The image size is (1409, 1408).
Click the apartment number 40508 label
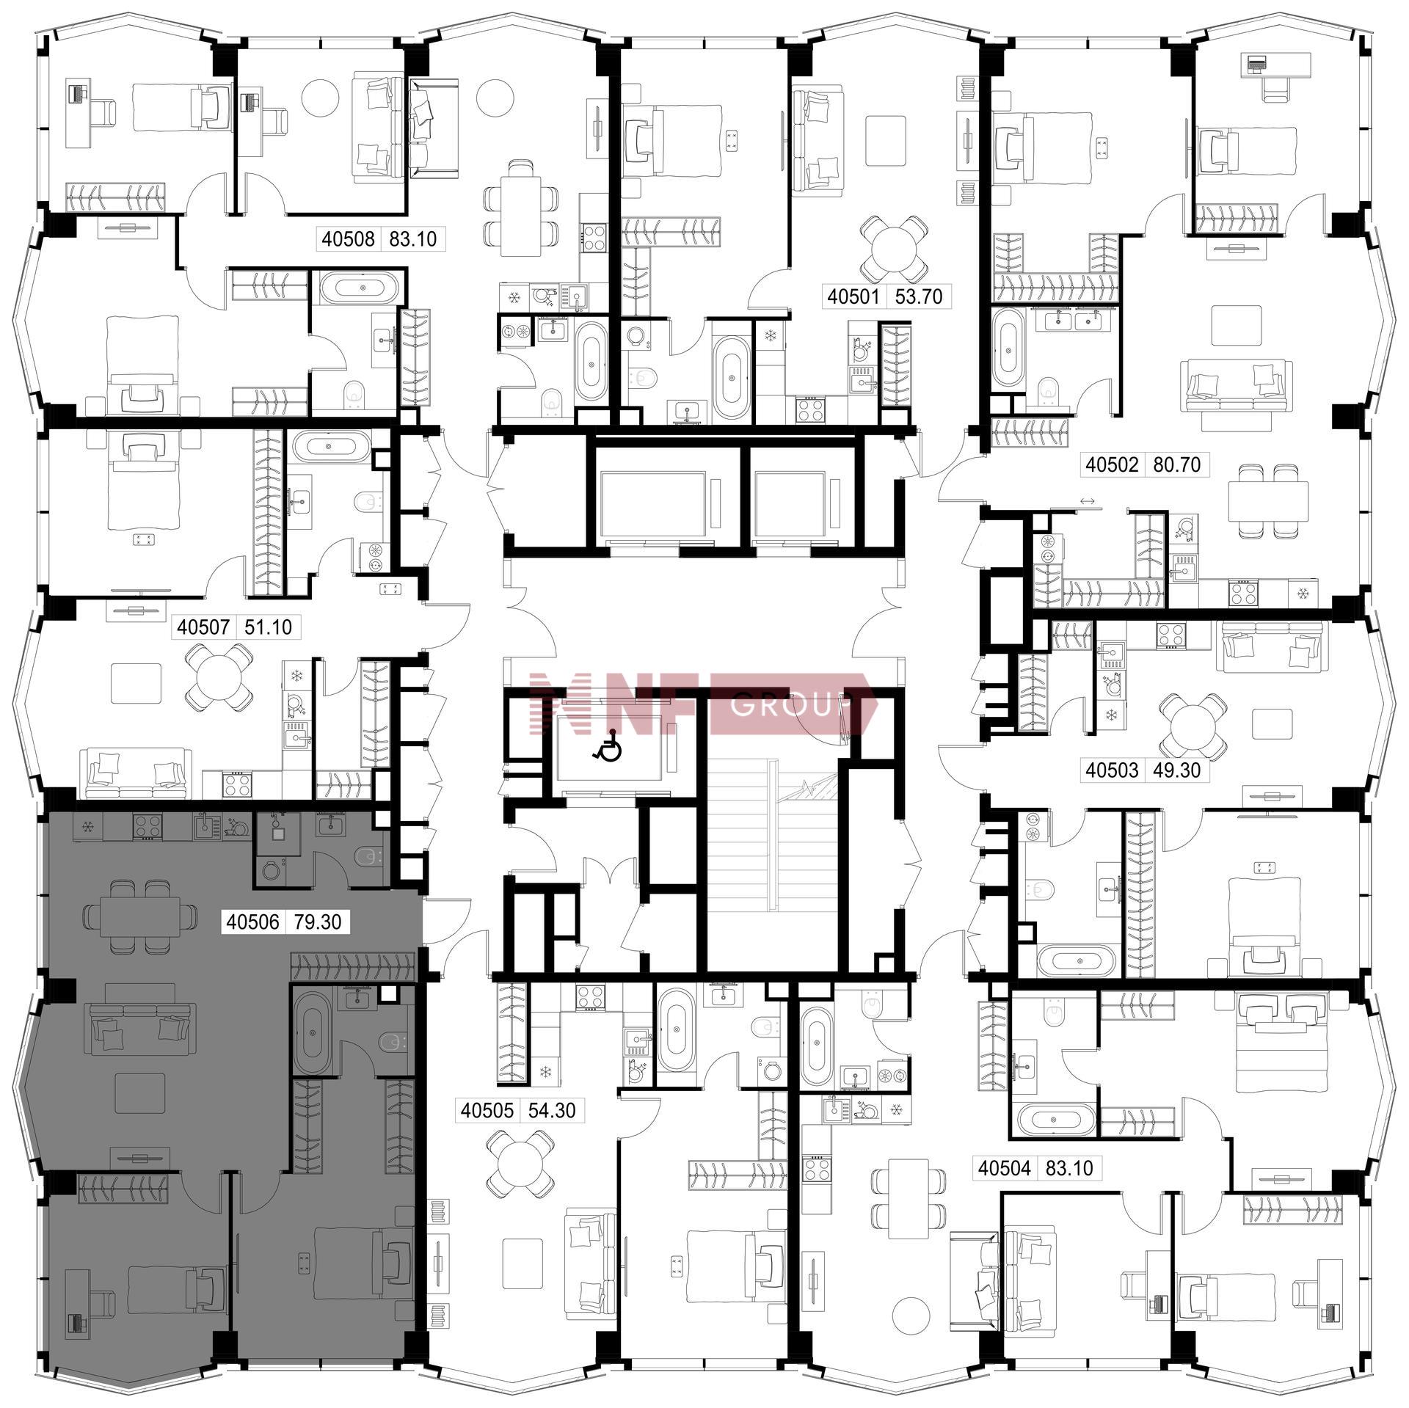tap(348, 238)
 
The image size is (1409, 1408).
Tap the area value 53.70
tap(919, 296)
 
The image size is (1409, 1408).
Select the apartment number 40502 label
tap(1113, 464)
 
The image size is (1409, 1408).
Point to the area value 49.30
tap(1177, 770)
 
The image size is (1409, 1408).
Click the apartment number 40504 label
tap(1005, 1168)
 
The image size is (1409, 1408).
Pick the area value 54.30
tap(552, 1110)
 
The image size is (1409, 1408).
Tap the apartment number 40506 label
tap(253, 922)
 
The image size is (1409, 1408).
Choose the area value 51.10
tap(268, 627)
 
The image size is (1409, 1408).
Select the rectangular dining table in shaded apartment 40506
tap(141, 917)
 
